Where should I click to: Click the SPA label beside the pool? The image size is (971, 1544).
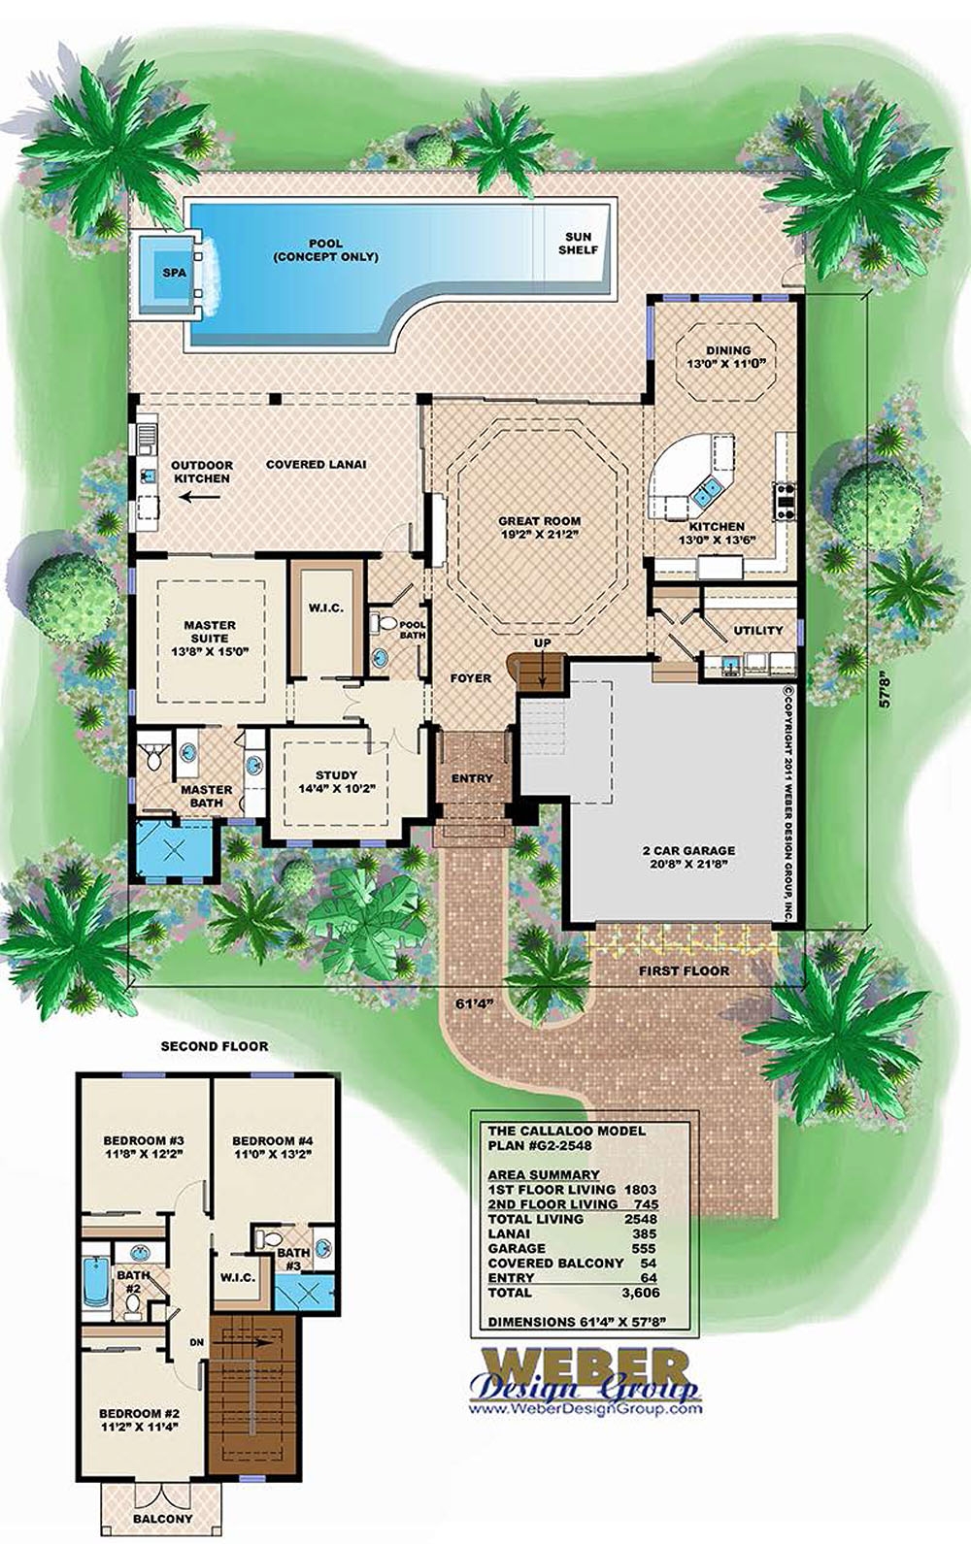(x=174, y=274)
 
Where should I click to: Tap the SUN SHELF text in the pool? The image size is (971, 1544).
(x=578, y=243)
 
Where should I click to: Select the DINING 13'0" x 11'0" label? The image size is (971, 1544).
(x=727, y=357)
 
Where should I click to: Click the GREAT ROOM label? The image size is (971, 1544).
(x=539, y=527)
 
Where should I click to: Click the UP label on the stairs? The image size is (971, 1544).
(x=542, y=643)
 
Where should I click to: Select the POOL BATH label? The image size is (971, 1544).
(x=412, y=630)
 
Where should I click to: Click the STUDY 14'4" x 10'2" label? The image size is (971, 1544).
(x=336, y=782)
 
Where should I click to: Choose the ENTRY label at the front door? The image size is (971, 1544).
(x=472, y=778)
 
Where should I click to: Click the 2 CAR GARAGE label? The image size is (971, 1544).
(x=687, y=857)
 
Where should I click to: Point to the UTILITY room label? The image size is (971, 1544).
(x=757, y=631)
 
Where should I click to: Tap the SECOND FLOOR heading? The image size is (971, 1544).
(x=214, y=1046)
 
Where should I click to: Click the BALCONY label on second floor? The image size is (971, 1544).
(x=162, y=1519)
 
